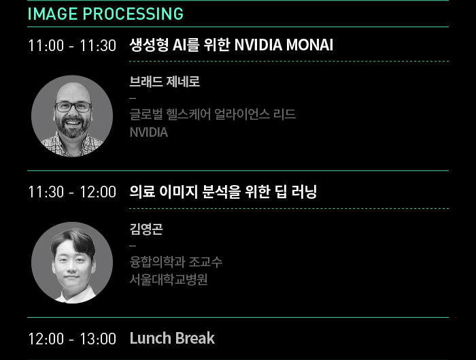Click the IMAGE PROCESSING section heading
pyautogui.click(x=105, y=14)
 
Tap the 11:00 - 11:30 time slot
pyautogui.click(x=72, y=46)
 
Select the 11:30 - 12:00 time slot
pyautogui.click(x=72, y=192)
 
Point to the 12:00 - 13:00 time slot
pyautogui.click(x=72, y=339)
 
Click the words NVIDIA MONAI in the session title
pyautogui.click(x=284, y=45)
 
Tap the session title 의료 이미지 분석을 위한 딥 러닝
pyautogui.click(x=223, y=192)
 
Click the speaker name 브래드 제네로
pyautogui.click(x=165, y=82)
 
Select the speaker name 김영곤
pyautogui.click(x=146, y=229)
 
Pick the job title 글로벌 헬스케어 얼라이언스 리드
pyautogui.click(x=212, y=114)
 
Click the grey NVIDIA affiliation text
pyautogui.click(x=149, y=133)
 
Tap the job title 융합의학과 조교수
pyautogui.click(x=176, y=261)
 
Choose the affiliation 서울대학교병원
pyautogui.click(x=169, y=280)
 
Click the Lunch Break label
pyautogui.click(x=172, y=338)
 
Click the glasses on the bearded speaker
pyautogui.click(x=73, y=107)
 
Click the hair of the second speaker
pyautogui.click(x=73, y=240)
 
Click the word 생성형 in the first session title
pyautogui.click(x=149, y=45)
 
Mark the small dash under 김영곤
pyautogui.click(x=133, y=246)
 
